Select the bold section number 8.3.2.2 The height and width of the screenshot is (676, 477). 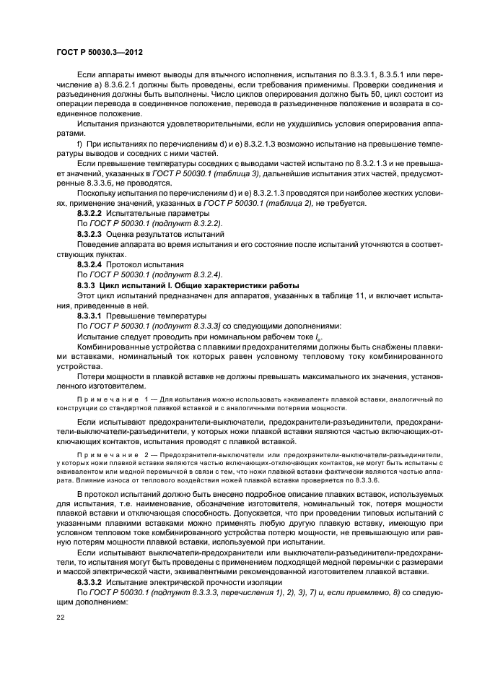click(x=89, y=214)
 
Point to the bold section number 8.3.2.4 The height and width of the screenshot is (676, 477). click(x=89, y=264)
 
